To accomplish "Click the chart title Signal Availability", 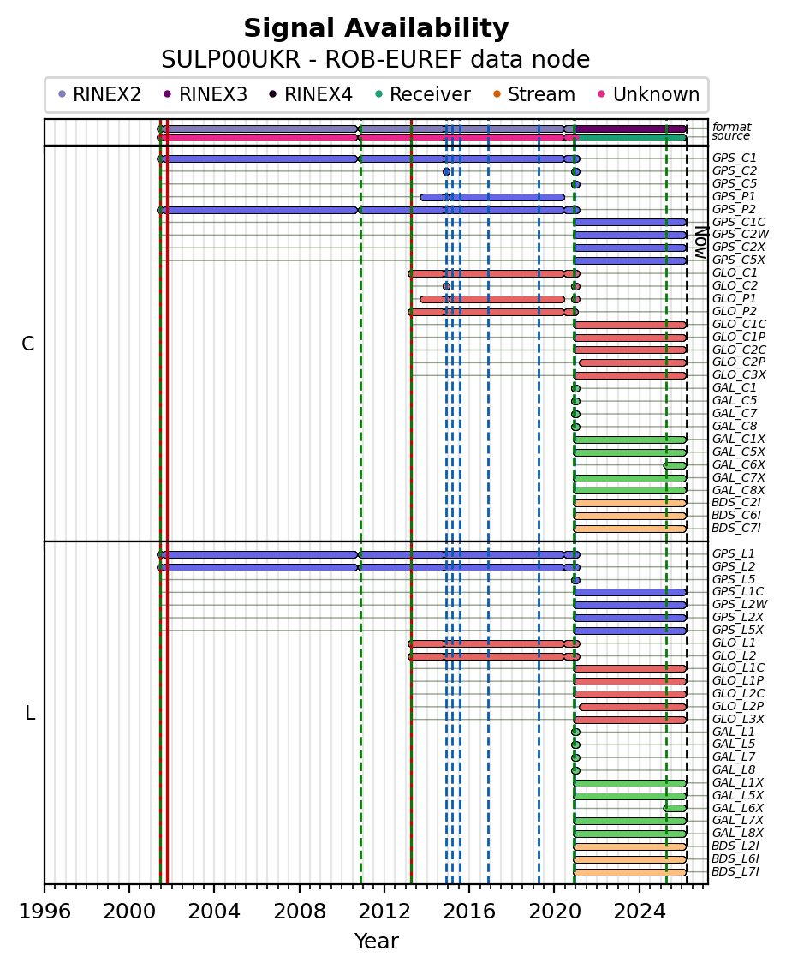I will click(376, 29).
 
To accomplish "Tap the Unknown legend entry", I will click(656, 95).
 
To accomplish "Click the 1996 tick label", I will click(45, 907).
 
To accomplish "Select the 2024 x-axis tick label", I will click(640, 907).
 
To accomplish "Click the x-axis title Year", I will click(376, 942).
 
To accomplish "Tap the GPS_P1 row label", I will click(734, 197).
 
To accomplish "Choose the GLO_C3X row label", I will click(737, 375).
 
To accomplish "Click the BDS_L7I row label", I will click(735, 872).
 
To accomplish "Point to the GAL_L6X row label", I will click(737, 809).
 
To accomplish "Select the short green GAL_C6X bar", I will click(675, 465).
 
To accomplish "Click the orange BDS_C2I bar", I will click(629, 503).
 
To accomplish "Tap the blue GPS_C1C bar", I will click(629, 223).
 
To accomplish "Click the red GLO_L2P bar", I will click(633, 707).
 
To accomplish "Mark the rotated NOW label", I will click(700, 242).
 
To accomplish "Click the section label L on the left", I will click(30, 714).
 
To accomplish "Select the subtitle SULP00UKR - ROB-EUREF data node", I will click(376, 60).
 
